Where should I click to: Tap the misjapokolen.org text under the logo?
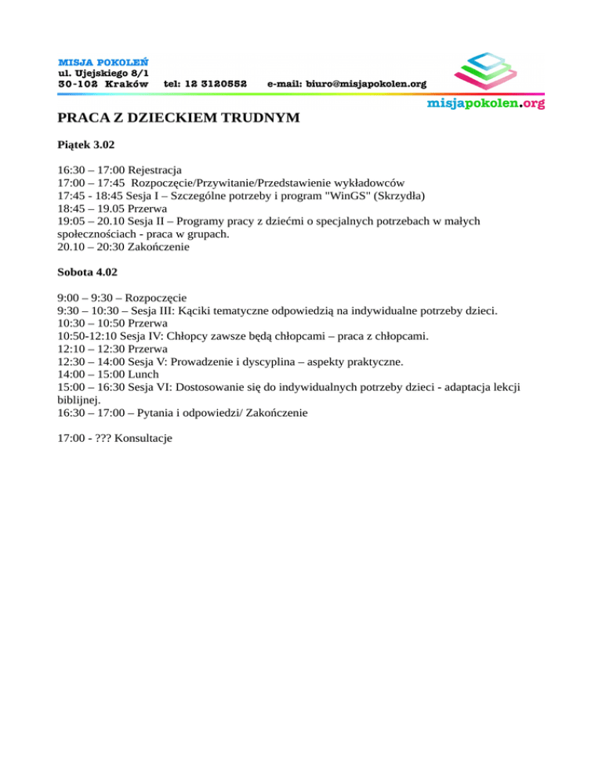coord(485,103)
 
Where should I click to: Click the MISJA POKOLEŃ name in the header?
coord(104,60)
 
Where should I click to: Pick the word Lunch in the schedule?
coord(143,374)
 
